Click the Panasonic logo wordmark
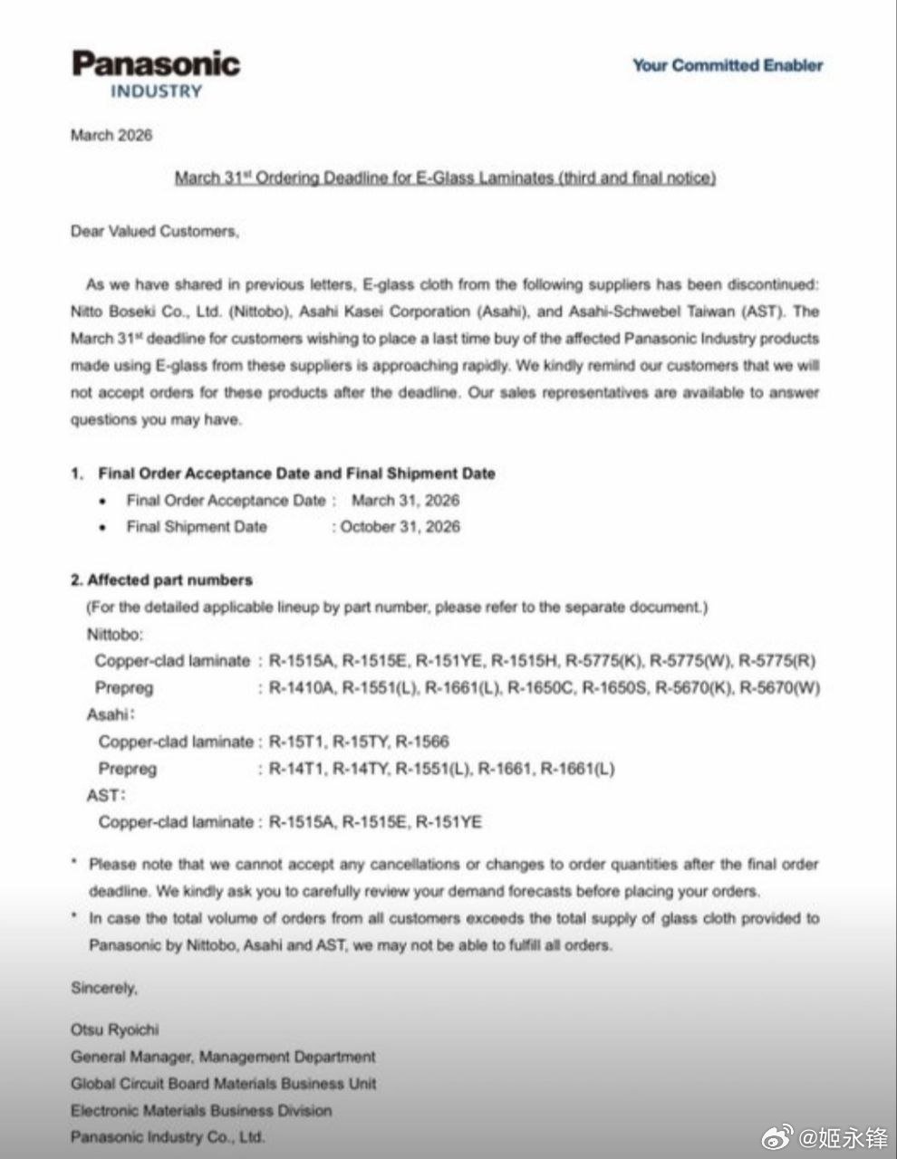point(156,63)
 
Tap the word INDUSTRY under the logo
point(156,91)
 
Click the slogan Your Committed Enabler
point(728,65)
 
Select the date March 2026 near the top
point(111,135)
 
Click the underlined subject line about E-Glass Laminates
point(445,177)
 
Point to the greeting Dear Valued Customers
point(155,231)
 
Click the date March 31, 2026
point(405,500)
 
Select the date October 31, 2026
point(400,527)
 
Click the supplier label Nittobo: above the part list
point(115,634)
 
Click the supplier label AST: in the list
point(105,796)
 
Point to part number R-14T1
point(296,769)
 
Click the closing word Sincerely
point(104,988)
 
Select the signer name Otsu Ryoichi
point(114,1030)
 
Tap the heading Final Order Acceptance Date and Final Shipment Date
point(296,473)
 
